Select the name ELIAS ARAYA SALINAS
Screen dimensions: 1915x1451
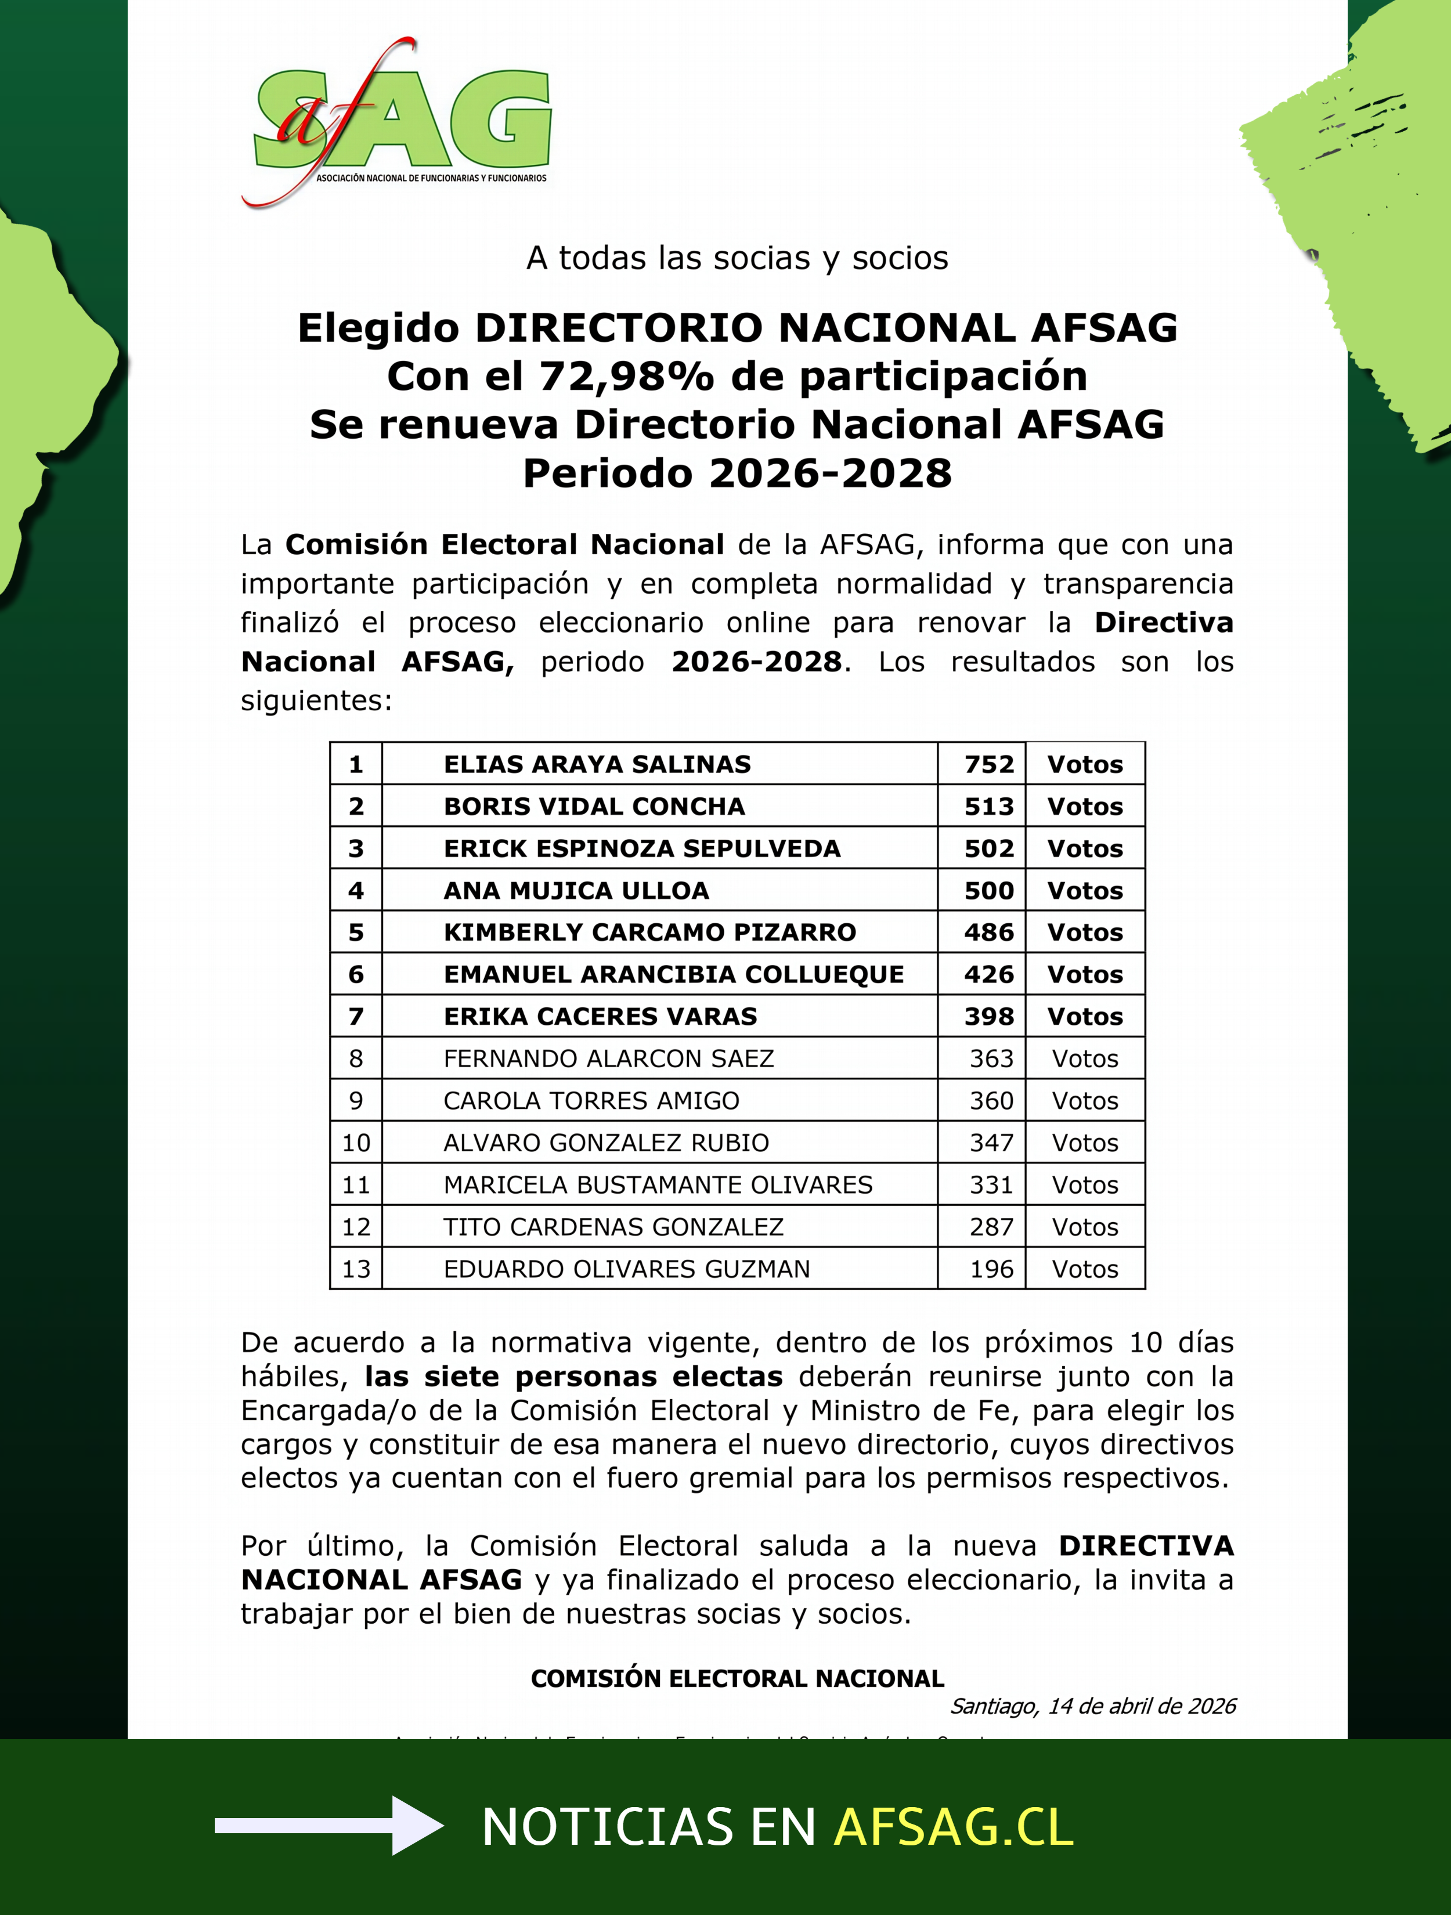pyautogui.click(x=597, y=764)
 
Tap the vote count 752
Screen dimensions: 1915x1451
pyautogui.click(x=988, y=764)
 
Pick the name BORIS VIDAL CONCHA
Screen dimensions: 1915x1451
pyautogui.click(x=594, y=806)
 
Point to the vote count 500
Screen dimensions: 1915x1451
pyautogui.click(x=988, y=890)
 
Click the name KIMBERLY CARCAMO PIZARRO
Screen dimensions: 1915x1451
pyautogui.click(x=649, y=933)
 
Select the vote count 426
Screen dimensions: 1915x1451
pyautogui.click(x=988, y=974)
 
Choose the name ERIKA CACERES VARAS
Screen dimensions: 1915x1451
pyautogui.click(x=600, y=1016)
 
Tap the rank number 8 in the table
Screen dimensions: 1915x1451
pyautogui.click(x=356, y=1058)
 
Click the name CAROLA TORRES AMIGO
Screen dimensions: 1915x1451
pyautogui.click(x=591, y=1100)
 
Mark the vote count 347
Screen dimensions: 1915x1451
pyautogui.click(x=990, y=1143)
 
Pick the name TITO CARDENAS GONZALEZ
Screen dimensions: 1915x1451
pyautogui.click(x=613, y=1227)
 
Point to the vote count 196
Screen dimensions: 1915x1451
pyautogui.click(x=990, y=1269)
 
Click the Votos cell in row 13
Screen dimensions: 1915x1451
pyautogui.click(x=1085, y=1269)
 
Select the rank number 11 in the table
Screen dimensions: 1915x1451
pyautogui.click(x=356, y=1184)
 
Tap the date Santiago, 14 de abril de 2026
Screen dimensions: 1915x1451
pyautogui.click(x=1092, y=1706)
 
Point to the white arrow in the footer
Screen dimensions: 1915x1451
pyautogui.click(x=329, y=1826)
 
